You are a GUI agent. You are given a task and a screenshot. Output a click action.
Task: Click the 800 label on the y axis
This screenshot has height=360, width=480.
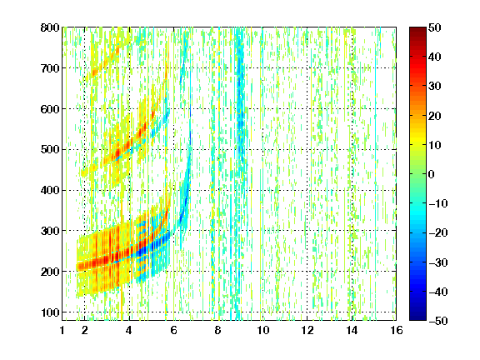point(50,27)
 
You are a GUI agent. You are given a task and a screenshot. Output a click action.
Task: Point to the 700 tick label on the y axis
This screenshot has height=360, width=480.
point(50,68)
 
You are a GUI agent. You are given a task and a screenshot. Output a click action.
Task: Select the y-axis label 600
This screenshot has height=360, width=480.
point(50,109)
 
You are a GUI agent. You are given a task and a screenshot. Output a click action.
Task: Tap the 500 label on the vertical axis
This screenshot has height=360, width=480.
point(50,150)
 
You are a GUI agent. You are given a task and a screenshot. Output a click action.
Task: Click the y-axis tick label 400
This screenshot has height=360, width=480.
point(50,190)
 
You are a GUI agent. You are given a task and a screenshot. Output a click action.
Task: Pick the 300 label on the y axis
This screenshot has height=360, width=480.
point(50,231)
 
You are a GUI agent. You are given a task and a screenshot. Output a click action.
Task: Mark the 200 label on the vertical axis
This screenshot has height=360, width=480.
point(50,272)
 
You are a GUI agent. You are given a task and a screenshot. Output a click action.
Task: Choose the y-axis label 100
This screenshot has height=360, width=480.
point(50,312)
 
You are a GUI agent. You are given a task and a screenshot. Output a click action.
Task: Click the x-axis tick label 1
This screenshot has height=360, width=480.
point(62,330)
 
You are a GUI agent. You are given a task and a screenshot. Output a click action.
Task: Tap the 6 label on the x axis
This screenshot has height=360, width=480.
point(173,330)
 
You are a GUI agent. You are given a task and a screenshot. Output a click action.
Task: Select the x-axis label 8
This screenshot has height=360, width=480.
point(217,330)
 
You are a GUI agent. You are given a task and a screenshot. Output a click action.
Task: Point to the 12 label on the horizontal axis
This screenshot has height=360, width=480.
point(307,330)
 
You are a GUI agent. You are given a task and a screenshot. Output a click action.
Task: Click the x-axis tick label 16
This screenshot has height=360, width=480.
point(397,330)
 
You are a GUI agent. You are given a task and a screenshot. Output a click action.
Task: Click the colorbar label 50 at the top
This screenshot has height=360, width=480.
point(434,27)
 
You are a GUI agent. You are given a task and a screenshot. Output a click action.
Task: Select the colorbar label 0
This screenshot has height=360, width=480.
point(432,174)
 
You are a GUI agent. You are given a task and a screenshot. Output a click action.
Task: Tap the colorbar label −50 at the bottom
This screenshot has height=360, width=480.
point(438,321)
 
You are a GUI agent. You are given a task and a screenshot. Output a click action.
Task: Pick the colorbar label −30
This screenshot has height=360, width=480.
point(438,262)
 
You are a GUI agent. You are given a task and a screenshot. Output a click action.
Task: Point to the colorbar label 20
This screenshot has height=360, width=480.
point(434,116)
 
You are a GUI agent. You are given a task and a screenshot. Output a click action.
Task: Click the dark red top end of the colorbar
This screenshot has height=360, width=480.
point(417,29)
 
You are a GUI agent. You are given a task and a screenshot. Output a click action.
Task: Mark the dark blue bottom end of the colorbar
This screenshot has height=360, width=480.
point(417,318)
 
